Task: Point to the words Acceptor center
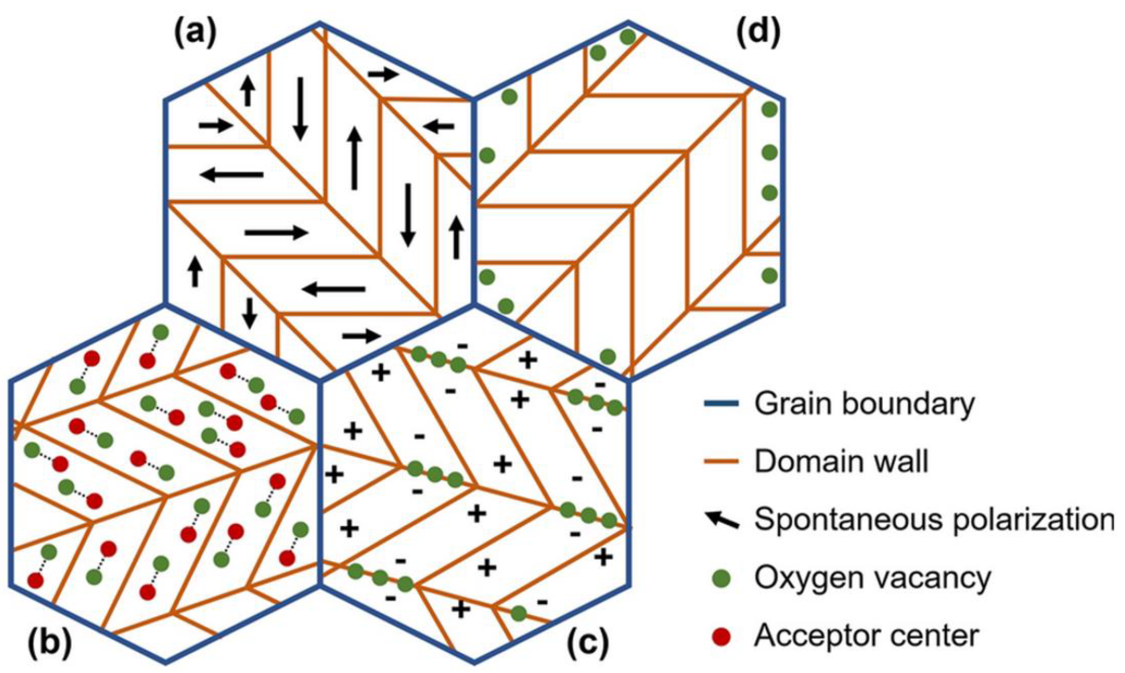click(x=866, y=636)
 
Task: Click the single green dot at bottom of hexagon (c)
click(x=518, y=614)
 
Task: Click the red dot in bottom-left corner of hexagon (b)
click(x=35, y=580)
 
